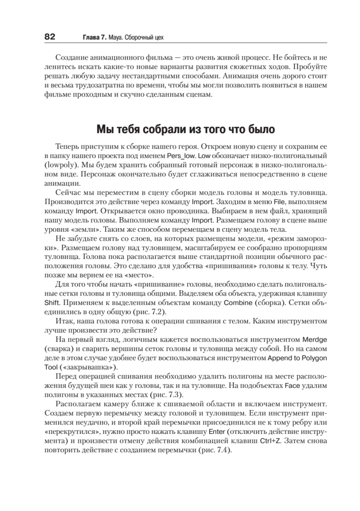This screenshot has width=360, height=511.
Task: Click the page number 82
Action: pos(50,37)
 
